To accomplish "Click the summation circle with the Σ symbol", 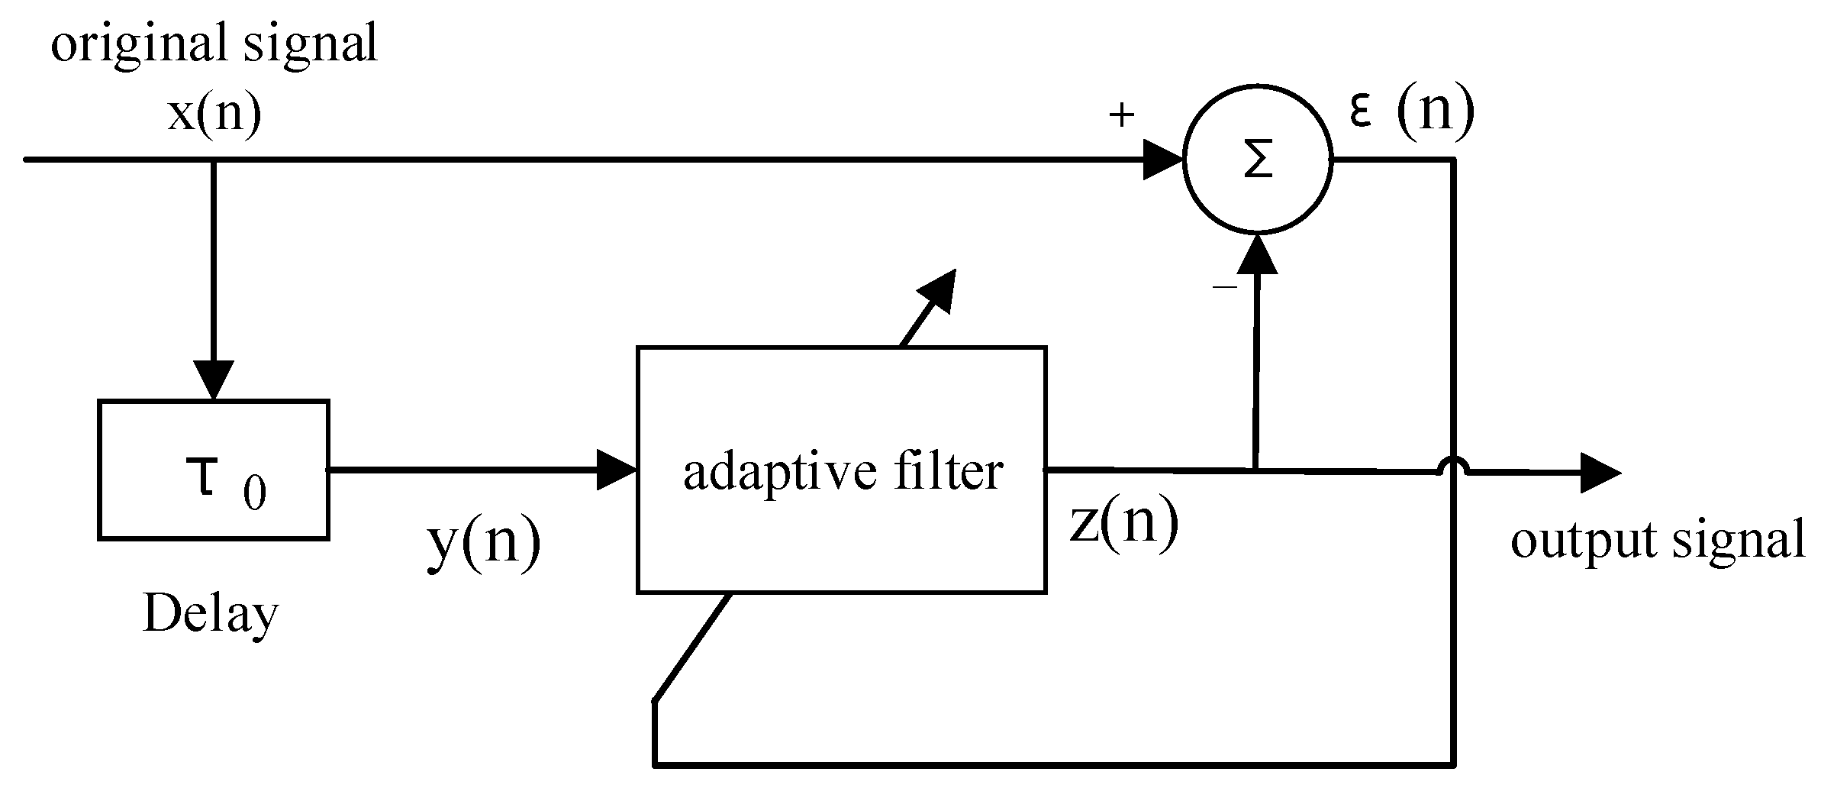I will tap(1257, 160).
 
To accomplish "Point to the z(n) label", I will tap(1123, 523).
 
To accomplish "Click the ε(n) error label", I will tap(1411, 111).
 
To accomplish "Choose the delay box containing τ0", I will tap(214, 470).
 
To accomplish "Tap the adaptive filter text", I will tap(843, 471).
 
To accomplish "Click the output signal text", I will tap(1658, 540).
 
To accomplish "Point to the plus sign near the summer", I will tap(1121, 116).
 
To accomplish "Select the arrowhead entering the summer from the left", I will tap(1162, 160).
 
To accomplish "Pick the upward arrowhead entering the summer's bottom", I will tap(1256, 256).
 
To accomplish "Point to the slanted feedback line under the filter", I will tap(691, 647).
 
